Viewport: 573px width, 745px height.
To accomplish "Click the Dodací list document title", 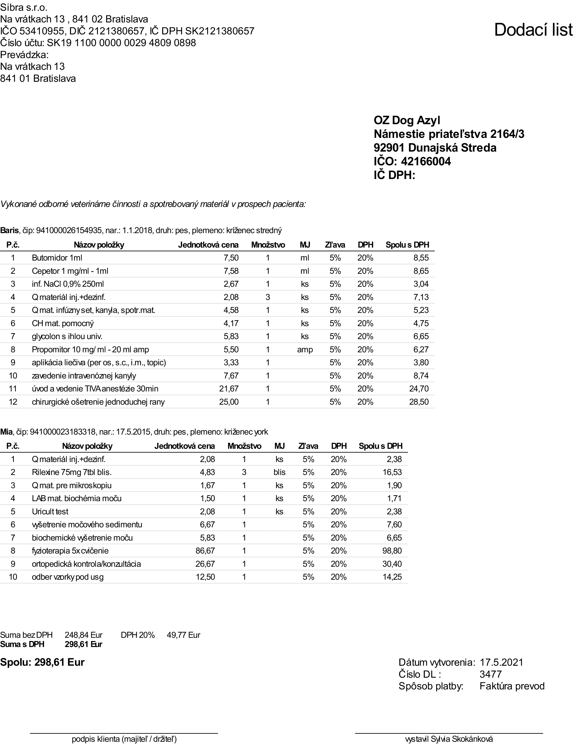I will point(533,30).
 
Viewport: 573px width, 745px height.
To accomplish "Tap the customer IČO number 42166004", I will point(426,161).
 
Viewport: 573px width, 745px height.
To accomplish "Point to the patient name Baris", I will point(9,231).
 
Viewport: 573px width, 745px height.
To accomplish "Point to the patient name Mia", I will point(6,432).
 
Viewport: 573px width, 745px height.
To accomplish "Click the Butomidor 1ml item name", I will point(57,258).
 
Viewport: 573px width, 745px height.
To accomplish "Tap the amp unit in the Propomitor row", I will point(305,350).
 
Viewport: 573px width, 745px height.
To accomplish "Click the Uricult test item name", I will point(50,511).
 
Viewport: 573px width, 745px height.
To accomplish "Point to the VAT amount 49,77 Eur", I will point(183,635).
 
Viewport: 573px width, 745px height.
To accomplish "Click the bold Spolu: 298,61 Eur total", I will point(42,662).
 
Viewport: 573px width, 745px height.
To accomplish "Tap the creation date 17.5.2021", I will point(501,662).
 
